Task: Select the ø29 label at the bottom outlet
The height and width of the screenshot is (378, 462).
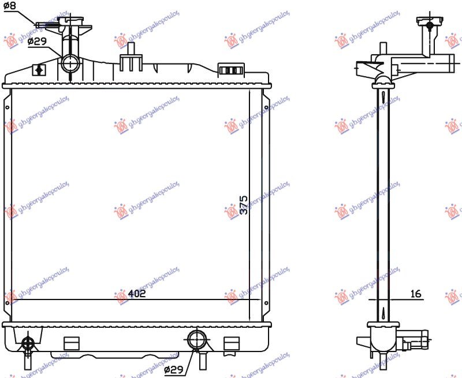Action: (x=174, y=369)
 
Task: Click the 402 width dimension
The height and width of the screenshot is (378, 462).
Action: (x=136, y=293)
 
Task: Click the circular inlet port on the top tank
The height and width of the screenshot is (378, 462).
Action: (x=70, y=62)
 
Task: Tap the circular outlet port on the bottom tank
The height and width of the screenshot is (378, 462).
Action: (x=196, y=339)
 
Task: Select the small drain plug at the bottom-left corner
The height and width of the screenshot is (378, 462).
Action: (x=27, y=344)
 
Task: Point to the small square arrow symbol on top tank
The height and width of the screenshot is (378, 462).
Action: (x=39, y=69)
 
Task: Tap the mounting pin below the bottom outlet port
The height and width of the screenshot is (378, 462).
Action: (x=203, y=360)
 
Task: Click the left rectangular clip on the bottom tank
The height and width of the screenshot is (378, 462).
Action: (x=71, y=343)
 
